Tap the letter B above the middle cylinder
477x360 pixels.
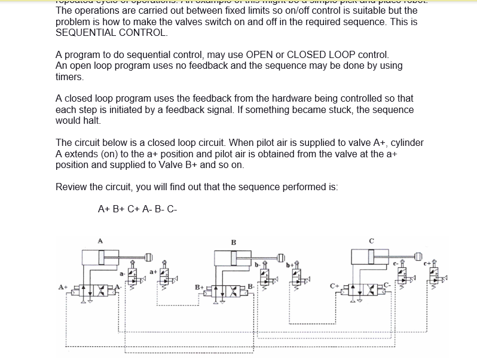[233, 242]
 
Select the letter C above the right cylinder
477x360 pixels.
[371, 241]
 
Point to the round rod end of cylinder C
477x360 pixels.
[418, 257]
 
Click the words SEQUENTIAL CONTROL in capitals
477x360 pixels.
[112, 33]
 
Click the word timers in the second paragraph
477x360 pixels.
[69, 77]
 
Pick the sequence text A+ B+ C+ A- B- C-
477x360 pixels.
[137, 209]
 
